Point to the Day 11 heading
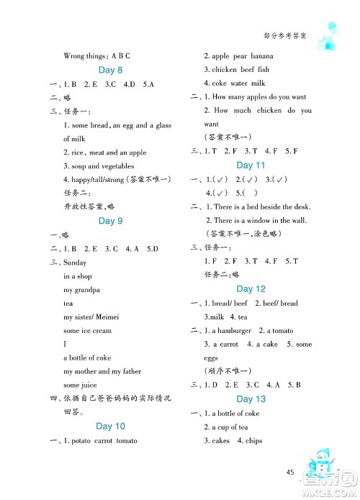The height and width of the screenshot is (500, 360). [251, 165]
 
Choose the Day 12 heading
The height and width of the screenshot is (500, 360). [251, 289]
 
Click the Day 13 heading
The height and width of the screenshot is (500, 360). [251, 399]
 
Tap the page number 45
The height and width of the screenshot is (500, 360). [290, 472]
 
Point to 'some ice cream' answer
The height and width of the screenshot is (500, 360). [87, 330]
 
